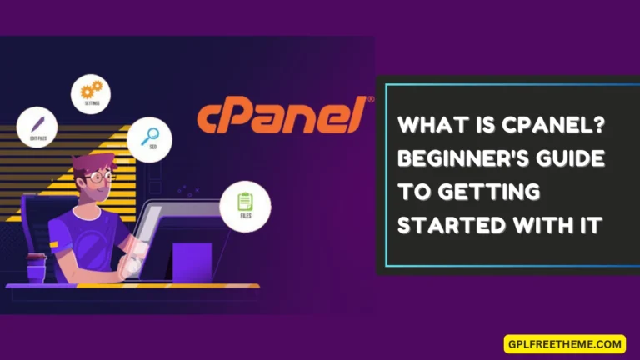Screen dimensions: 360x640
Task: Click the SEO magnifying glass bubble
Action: tap(150, 138)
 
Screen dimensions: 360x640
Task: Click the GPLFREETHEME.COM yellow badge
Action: tap(564, 342)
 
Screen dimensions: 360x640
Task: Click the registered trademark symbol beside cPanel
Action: tap(370, 99)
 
